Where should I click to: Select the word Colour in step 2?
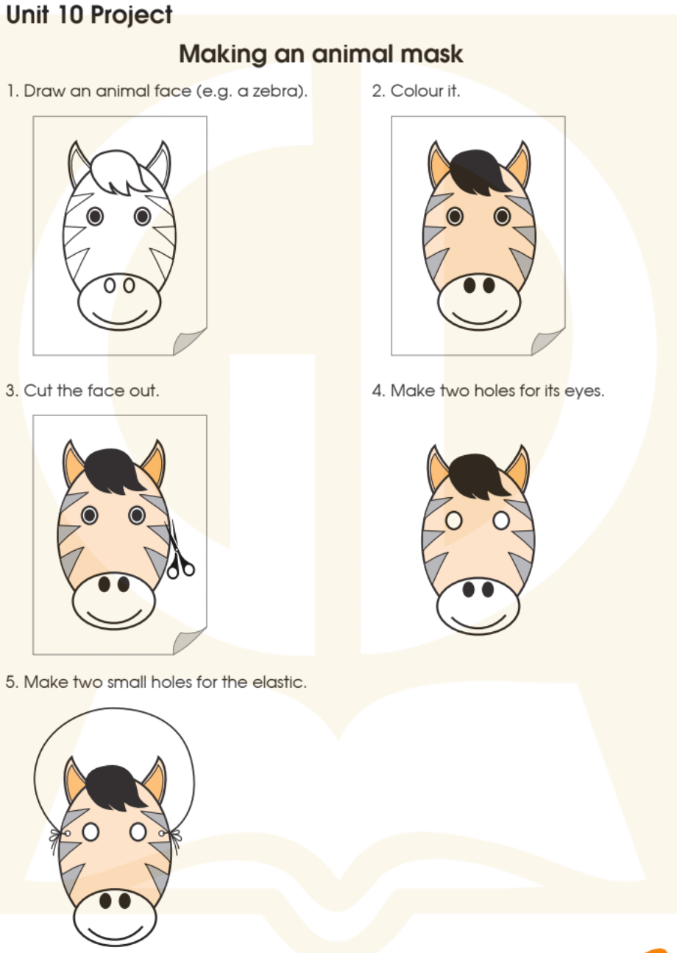[x=412, y=91]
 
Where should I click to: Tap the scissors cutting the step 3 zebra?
[x=180, y=551]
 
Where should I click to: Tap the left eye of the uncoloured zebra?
[x=95, y=216]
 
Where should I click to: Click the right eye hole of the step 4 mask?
[x=501, y=521]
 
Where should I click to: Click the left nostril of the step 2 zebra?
[x=469, y=285]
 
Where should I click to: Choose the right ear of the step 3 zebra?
[x=154, y=465]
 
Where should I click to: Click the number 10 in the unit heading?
[x=70, y=15]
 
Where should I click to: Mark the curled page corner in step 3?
[x=190, y=641]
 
